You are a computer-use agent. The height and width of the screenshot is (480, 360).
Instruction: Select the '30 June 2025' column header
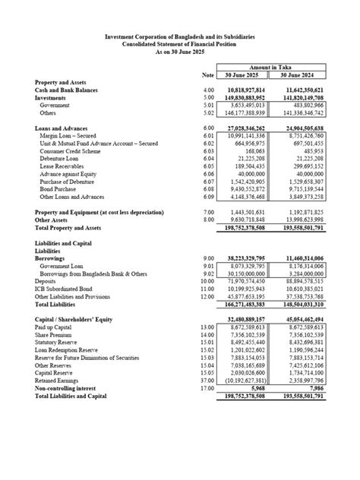point(242,75)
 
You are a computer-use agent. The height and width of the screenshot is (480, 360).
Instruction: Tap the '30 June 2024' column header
point(298,75)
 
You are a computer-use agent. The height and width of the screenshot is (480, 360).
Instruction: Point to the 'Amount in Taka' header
point(270,68)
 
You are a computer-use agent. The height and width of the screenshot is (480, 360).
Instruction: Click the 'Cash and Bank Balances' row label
point(67,90)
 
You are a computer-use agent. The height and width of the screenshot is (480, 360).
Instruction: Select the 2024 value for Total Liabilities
point(298,305)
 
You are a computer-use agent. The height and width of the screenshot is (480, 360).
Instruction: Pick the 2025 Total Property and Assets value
point(242,228)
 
